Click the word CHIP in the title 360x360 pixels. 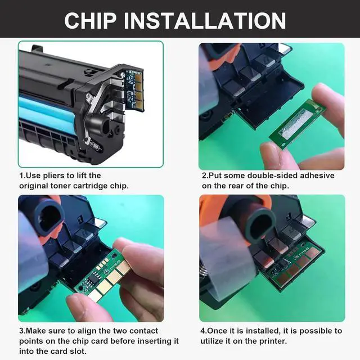(x=91, y=21)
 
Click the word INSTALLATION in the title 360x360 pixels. (x=205, y=21)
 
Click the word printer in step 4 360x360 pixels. (x=273, y=341)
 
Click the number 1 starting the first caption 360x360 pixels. (x=21, y=175)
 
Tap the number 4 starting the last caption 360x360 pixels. (x=202, y=331)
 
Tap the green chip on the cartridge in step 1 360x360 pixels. (x=134, y=90)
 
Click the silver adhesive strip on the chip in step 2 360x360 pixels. (x=296, y=123)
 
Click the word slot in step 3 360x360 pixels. (x=78, y=351)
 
